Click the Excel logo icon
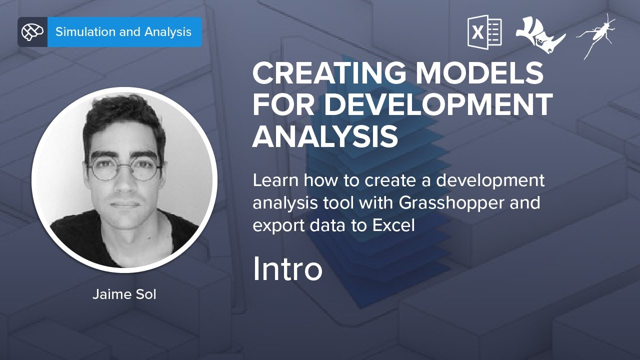[484, 32]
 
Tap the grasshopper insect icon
[596, 35]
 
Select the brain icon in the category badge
[32, 32]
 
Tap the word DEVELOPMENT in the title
[441, 104]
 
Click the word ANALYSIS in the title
[325, 136]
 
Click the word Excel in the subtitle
[393, 225]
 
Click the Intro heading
[287, 269]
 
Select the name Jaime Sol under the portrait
[124, 294]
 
